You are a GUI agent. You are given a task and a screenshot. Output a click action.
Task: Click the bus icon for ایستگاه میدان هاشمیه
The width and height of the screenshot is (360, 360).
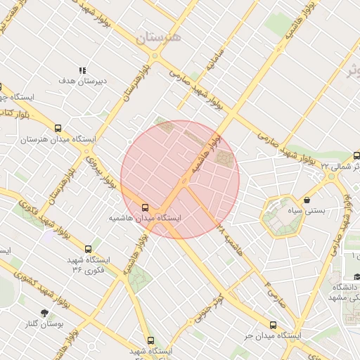point(146,207)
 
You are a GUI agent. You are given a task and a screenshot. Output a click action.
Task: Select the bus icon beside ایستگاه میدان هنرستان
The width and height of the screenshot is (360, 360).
point(58,129)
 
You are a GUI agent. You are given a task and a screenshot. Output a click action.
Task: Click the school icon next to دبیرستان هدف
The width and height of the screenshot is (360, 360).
point(82,70)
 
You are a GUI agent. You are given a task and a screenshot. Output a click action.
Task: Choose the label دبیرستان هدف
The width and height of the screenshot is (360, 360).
point(82,82)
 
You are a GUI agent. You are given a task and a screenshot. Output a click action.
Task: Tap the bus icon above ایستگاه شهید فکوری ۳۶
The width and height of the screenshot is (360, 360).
point(88,249)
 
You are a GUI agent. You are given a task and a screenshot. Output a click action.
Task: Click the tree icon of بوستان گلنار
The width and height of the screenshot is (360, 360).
point(46,311)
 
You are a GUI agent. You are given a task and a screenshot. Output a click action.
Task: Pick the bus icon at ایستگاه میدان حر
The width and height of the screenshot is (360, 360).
point(273,325)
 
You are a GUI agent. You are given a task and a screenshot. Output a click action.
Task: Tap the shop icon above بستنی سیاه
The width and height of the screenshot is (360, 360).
point(307,200)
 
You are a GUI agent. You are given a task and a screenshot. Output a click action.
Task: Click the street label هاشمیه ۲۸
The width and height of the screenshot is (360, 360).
point(230,240)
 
